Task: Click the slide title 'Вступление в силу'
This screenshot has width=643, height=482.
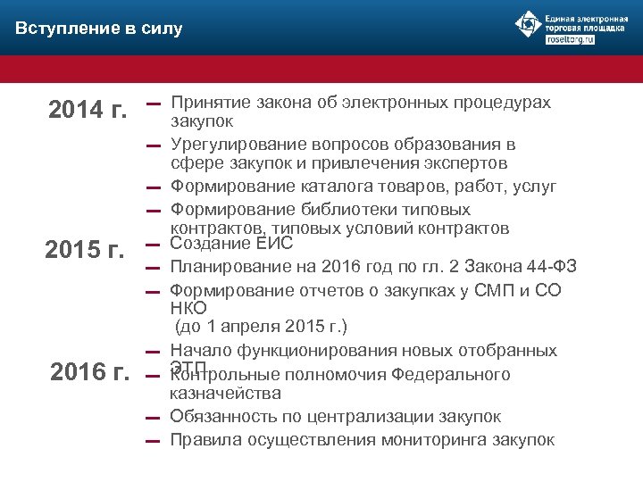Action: coord(99,29)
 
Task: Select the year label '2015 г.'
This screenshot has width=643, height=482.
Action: coord(85,249)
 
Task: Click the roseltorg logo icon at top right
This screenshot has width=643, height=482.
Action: coord(529,25)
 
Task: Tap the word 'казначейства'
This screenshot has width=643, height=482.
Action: coord(225,394)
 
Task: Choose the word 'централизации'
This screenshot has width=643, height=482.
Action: coord(358,417)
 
